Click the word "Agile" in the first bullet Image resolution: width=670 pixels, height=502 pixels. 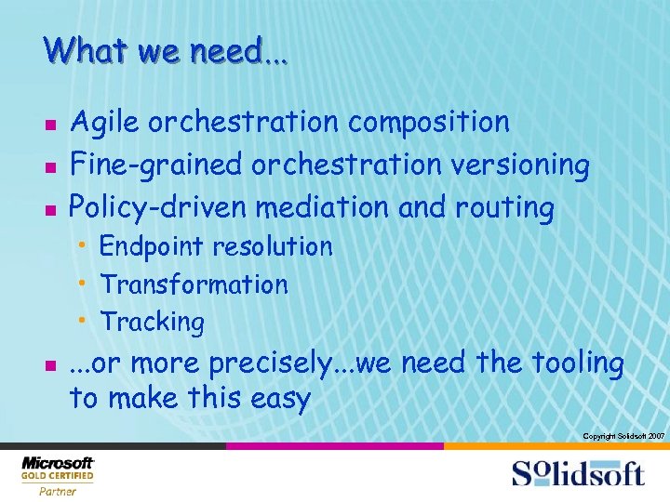click(x=105, y=123)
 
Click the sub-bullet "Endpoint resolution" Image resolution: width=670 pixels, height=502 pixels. click(x=216, y=247)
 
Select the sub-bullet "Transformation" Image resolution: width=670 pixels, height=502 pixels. click(x=194, y=284)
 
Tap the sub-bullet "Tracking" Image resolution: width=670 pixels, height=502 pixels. click(x=153, y=323)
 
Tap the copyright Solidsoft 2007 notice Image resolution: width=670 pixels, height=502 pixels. click(x=623, y=436)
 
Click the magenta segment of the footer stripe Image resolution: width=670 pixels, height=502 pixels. click(x=335, y=446)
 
